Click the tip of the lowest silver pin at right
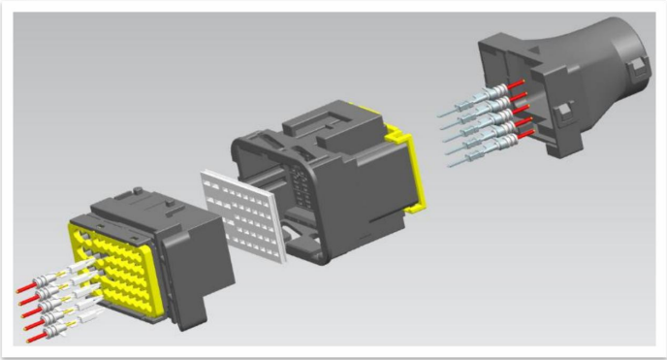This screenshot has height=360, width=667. pos(455,165)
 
